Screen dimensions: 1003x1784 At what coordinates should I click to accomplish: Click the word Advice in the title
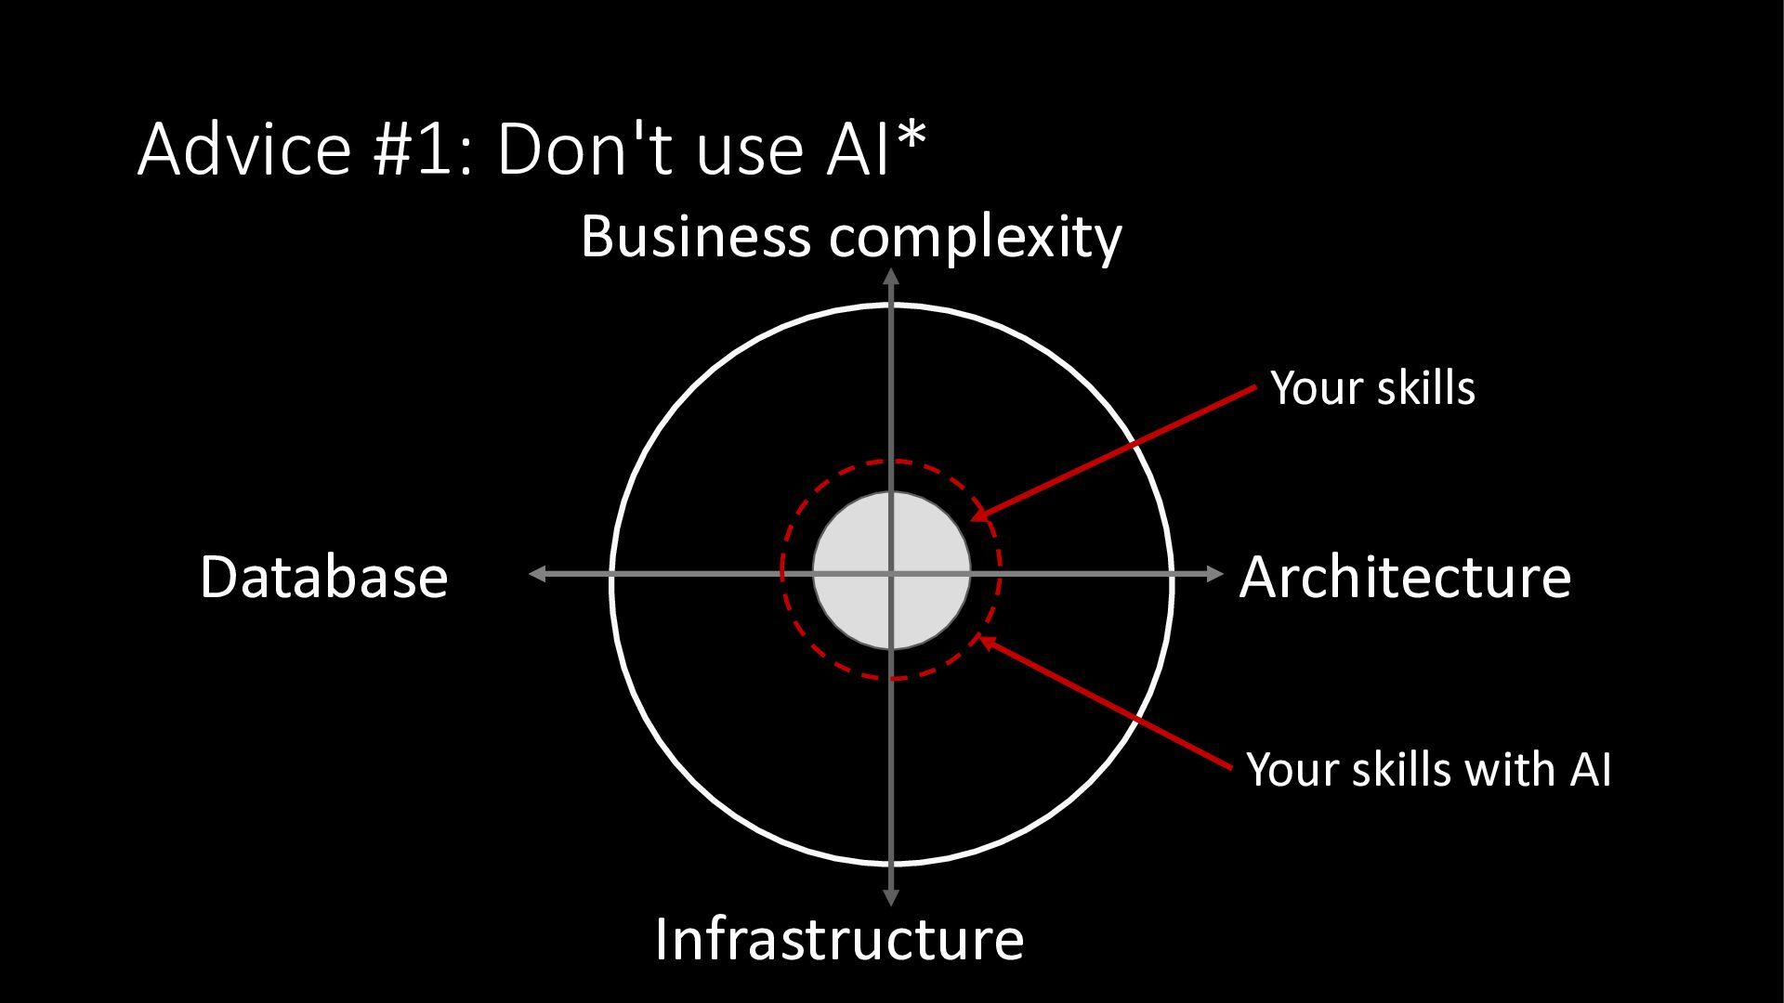click(x=244, y=149)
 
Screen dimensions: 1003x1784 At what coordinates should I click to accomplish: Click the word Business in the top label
click(x=695, y=237)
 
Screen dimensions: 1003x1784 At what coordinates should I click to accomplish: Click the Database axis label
click(x=323, y=577)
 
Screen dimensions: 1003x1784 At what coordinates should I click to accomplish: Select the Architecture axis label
click(x=1405, y=577)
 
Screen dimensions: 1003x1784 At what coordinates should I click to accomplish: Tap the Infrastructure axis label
click(x=839, y=939)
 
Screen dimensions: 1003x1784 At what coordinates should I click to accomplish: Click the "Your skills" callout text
click(x=1372, y=387)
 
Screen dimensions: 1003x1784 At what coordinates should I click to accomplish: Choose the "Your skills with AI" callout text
click(x=1428, y=770)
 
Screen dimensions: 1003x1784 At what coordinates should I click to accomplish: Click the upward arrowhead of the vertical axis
click(x=891, y=276)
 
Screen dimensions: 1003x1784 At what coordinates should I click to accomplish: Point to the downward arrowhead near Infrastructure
click(x=891, y=897)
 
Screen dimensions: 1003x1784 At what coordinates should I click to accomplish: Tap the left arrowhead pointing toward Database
click(x=537, y=574)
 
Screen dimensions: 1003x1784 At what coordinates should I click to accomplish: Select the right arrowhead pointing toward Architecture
click(x=1214, y=574)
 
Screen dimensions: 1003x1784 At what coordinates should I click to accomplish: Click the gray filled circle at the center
click(x=855, y=539)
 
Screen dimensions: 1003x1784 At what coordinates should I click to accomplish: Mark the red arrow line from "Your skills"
click(x=1115, y=452)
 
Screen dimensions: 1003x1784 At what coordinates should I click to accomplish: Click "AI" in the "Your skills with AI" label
click(x=1590, y=770)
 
